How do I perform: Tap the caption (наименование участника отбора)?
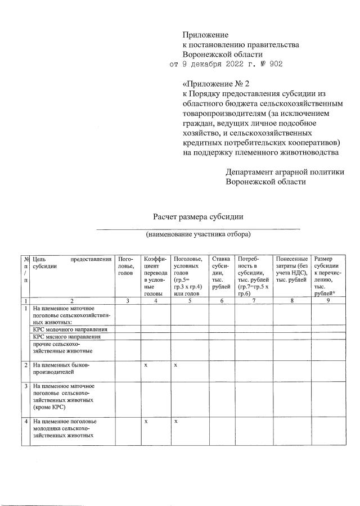pos(198,233)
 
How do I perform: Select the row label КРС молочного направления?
pos(70,329)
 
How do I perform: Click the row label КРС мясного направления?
pos(67,337)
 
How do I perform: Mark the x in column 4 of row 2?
pos(146,365)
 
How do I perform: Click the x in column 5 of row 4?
pos(175,421)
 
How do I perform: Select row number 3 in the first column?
pos(25,386)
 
